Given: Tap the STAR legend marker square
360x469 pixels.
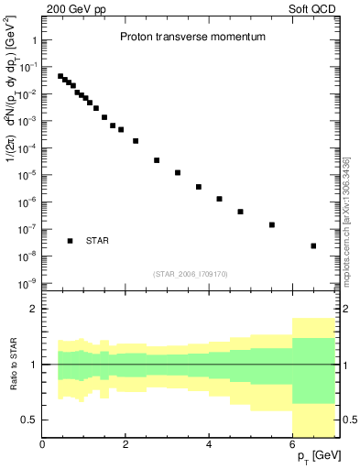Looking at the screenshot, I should click(71, 241).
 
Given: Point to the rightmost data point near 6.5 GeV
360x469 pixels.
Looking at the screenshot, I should click(313, 245).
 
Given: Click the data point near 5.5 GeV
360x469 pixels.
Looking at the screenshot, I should click(272, 224).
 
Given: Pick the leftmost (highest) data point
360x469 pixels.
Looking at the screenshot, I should click(60, 76).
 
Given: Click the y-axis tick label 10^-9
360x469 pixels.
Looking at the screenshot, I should click(27, 283).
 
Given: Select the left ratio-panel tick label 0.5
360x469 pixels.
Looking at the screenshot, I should click(29, 420).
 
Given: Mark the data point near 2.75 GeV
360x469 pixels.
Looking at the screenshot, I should click(157, 160).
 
